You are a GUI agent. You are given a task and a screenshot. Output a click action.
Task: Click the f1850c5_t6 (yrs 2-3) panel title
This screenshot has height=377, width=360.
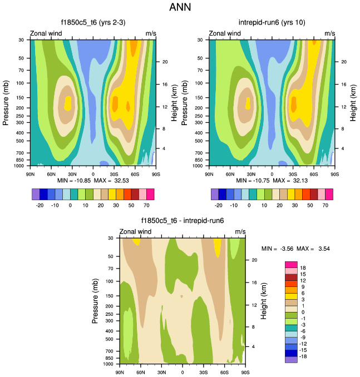pos(93,22)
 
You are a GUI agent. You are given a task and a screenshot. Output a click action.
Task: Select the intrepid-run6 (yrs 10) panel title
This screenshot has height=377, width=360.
pos(272,22)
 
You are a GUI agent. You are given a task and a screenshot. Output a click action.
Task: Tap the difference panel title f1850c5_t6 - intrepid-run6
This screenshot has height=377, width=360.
pos(183,221)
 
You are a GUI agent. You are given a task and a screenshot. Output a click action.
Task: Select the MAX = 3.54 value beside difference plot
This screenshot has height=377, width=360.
pos(314,248)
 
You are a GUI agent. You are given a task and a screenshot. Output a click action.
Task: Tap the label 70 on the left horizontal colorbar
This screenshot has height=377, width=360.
pos(150,205)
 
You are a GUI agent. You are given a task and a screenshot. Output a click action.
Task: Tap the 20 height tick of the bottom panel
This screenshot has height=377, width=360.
pos(254,260)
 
